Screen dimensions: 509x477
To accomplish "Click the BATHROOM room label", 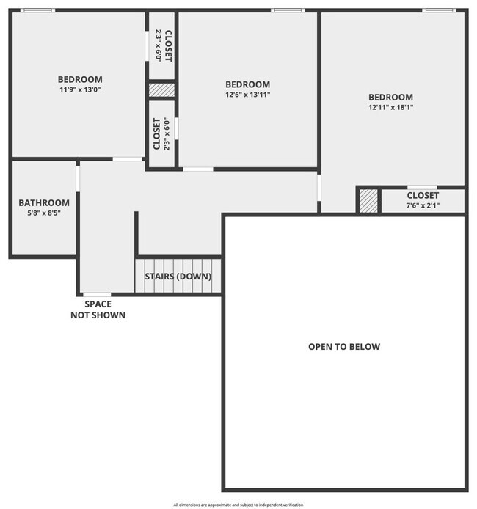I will [x=44, y=203].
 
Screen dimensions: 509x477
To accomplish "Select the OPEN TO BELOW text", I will [x=344, y=347].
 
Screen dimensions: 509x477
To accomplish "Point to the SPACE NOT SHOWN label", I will [x=98, y=310].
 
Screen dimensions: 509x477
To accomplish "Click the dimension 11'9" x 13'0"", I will [x=81, y=90].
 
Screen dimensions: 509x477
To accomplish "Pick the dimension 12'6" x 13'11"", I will [x=247, y=95].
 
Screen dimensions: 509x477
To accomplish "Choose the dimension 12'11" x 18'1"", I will [x=390, y=107].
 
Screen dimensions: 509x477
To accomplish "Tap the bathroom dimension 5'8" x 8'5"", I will [x=44, y=213].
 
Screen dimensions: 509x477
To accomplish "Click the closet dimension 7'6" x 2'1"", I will [x=423, y=206].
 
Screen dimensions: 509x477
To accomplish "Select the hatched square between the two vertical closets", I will [x=161, y=89].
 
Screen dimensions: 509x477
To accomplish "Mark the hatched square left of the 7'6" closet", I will [x=368, y=201].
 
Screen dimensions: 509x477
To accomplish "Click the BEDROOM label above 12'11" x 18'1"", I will [x=390, y=97].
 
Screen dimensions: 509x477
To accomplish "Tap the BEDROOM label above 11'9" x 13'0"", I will [x=81, y=79].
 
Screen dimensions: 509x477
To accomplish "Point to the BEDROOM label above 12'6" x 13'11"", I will [x=247, y=84].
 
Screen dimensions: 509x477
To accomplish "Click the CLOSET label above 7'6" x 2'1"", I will [x=423, y=196].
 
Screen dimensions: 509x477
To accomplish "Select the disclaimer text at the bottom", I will [x=238, y=505].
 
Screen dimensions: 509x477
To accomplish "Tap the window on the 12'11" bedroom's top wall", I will [x=439, y=10].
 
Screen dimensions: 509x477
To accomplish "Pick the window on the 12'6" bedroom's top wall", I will [x=288, y=10].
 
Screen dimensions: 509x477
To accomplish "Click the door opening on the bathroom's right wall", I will [x=77, y=178].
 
